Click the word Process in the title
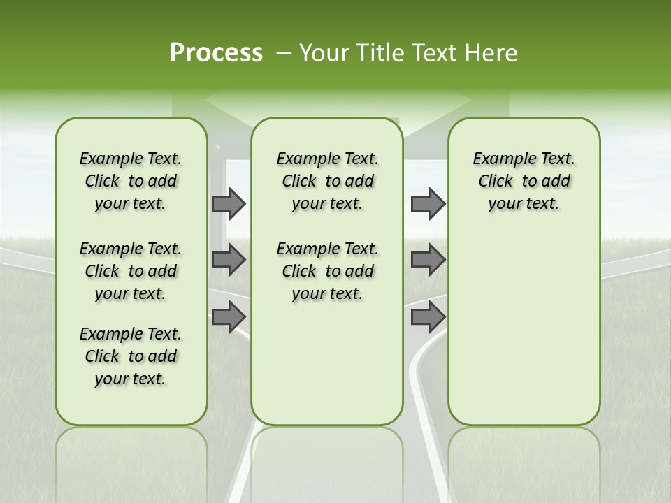point(216,53)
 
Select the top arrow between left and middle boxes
point(229,203)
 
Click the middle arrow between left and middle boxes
point(229,260)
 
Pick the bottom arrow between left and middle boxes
point(229,316)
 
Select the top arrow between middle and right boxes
point(428,203)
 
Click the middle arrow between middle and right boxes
point(428,260)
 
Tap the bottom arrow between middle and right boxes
point(428,316)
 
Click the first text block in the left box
point(131,181)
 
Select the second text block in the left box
point(131,271)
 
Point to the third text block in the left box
point(131,356)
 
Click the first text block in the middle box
point(327,181)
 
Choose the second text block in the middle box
point(327,271)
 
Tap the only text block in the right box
point(524,181)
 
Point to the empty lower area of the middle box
point(327,363)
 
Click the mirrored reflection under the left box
point(131,461)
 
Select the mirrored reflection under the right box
point(524,461)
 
